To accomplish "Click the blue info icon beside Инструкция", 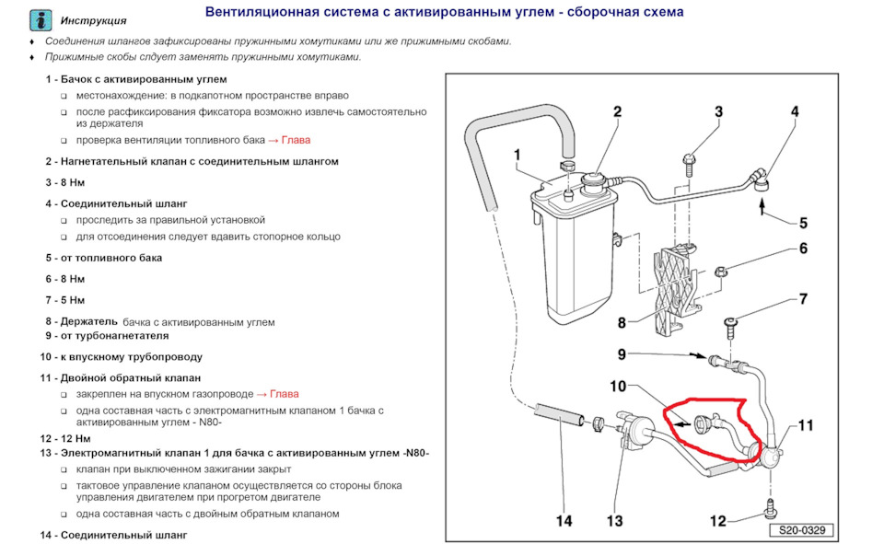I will (x=41, y=18).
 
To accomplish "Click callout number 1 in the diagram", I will (x=518, y=155).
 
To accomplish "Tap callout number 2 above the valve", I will (x=617, y=112).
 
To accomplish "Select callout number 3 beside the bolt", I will (x=718, y=112).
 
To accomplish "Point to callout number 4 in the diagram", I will (x=794, y=112).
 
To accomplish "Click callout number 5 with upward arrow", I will (x=802, y=223).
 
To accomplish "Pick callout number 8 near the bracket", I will (x=622, y=323).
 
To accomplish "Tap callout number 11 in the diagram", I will (x=807, y=425).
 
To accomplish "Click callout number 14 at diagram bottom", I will (x=564, y=521).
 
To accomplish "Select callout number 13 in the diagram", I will (x=615, y=521).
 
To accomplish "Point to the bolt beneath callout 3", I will (x=689, y=163).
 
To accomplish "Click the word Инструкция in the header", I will (x=94, y=20).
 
